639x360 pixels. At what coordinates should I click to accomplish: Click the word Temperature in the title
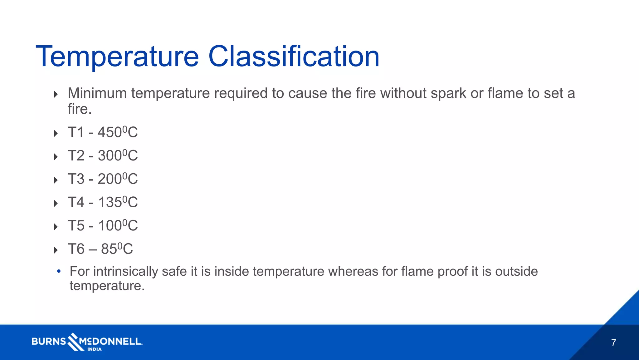click(117, 57)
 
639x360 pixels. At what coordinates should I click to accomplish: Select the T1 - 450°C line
click(103, 132)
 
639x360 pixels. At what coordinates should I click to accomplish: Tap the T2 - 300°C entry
click(103, 155)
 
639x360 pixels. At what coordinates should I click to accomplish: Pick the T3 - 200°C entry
click(103, 179)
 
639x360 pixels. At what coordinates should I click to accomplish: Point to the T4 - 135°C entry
click(103, 202)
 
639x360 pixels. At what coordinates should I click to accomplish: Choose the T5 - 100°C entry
click(103, 225)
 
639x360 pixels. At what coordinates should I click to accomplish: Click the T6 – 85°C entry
click(100, 249)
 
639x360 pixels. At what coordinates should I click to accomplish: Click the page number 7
click(613, 343)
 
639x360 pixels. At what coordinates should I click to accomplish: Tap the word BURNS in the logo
click(49, 341)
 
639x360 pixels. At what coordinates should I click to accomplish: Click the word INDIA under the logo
click(94, 349)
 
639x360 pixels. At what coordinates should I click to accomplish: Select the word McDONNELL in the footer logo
click(110, 341)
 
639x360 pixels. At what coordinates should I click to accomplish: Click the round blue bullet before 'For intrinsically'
click(59, 271)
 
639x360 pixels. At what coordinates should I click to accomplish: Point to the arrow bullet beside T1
click(56, 133)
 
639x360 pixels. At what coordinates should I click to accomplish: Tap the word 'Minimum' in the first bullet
click(97, 93)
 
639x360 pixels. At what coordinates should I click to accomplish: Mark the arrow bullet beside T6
click(56, 250)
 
